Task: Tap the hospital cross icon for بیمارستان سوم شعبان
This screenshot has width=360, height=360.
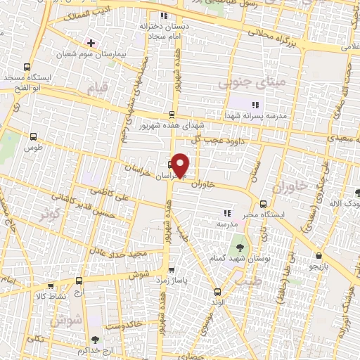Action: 91,43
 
